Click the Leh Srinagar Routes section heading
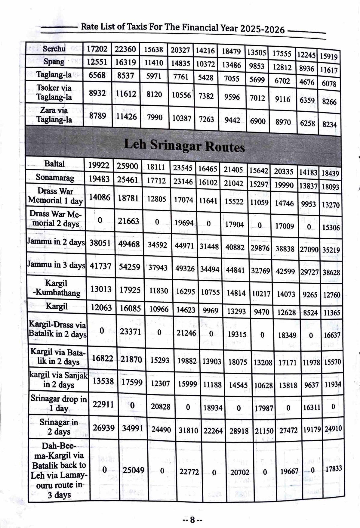(x=184, y=146)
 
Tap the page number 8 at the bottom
(x=192, y=520)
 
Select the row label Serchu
(x=54, y=48)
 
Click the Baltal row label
(x=54, y=164)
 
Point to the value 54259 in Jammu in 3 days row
(x=129, y=267)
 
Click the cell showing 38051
(x=100, y=243)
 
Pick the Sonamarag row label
(x=55, y=178)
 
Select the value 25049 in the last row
(x=134, y=470)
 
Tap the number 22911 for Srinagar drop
(x=103, y=404)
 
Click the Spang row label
(x=54, y=62)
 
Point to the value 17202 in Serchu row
(x=97, y=49)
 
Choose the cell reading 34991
(x=133, y=428)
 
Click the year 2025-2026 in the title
(x=263, y=29)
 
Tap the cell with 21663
(x=128, y=221)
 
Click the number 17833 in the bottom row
(x=334, y=469)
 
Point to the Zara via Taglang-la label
(x=54, y=115)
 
